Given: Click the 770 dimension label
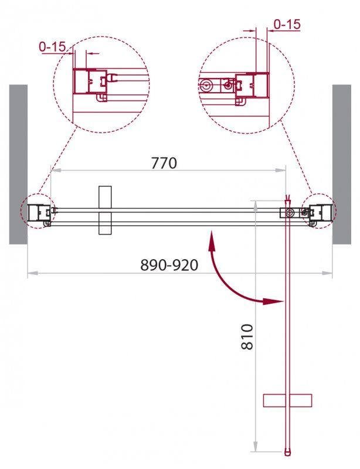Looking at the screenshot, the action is (x=164, y=163).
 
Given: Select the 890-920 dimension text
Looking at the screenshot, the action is (x=169, y=264).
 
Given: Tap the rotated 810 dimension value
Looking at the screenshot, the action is (x=247, y=337).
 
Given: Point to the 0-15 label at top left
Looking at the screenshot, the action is (x=52, y=46).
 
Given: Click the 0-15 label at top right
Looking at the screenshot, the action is (x=287, y=24).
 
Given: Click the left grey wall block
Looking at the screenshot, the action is (x=18, y=164).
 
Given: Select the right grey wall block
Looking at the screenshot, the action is (x=342, y=164).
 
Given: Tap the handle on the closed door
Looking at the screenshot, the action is (x=105, y=210).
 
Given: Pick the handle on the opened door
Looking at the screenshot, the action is (x=287, y=400).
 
